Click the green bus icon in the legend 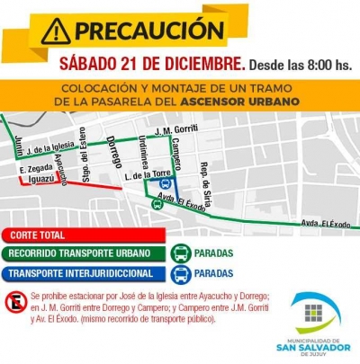pos(181,253)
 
